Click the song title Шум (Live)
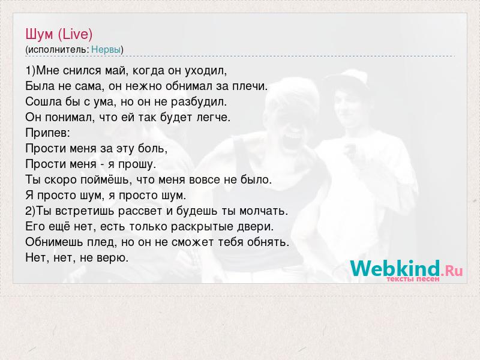tap(59, 34)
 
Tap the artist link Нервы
tap(106, 49)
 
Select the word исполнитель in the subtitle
tap(58, 50)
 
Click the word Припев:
tap(48, 133)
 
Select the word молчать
tap(263, 211)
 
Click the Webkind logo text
tap(395, 268)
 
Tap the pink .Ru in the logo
tap(452, 271)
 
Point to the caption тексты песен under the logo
tap(413, 279)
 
